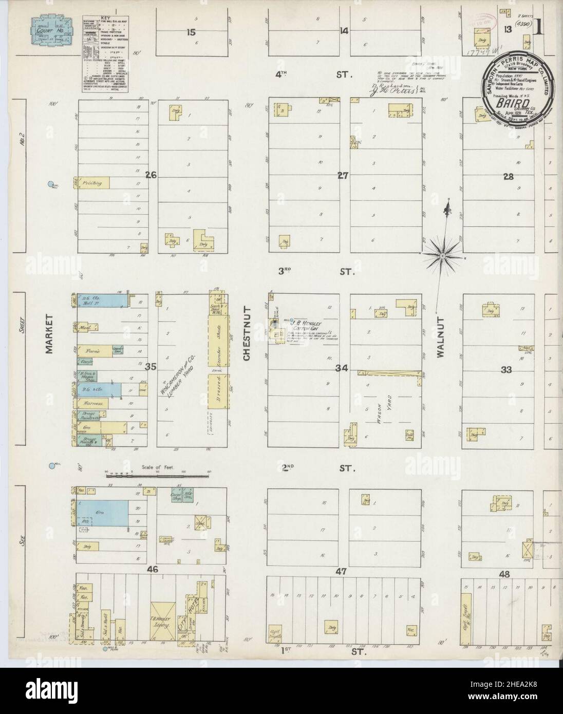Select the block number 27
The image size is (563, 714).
point(343,176)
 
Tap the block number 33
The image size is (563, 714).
point(506,369)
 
